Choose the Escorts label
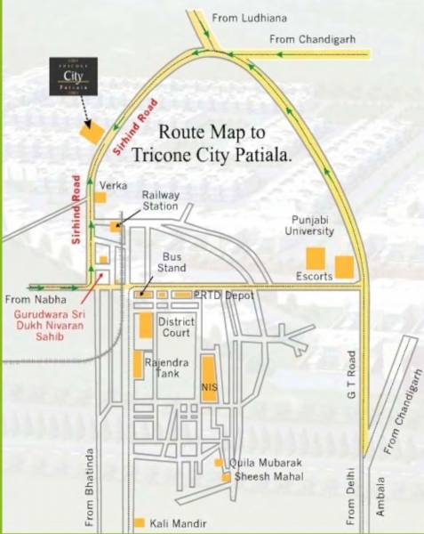click(x=315, y=276)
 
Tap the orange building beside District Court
click(x=145, y=325)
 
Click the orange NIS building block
click(x=209, y=378)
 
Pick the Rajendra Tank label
click(x=168, y=367)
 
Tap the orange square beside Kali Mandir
click(x=139, y=522)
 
